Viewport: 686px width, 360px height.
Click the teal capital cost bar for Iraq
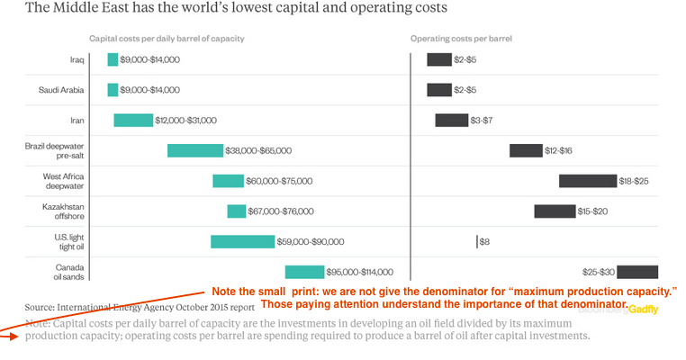pyautogui.click(x=113, y=59)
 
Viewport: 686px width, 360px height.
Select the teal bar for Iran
pyautogui.click(x=133, y=120)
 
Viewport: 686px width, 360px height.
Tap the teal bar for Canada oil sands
pyautogui.click(x=304, y=272)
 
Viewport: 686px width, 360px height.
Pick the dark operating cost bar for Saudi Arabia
pyautogui.click(x=439, y=90)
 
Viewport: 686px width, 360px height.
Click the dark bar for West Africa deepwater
pyautogui.click(x=587, y=181)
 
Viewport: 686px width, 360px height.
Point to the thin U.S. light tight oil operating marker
pyautogui.click(x=477, y=241)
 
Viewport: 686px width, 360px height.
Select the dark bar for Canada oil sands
pyautogui.click(x=637, y=272)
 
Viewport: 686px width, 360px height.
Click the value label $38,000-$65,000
pyautogui.click(x=258, y=150)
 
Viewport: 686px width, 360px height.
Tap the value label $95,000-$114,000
pyautogui.click(x=360, y=272)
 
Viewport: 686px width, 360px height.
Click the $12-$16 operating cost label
pyautogui.click(x=558, y=150)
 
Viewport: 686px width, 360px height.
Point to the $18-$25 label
pyautogui.click(x=634, y=181)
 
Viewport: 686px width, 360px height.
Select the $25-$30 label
pyautogui.click(x=598, y=272)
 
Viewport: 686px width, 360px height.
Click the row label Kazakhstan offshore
pyautogui.click(x=60, y=211)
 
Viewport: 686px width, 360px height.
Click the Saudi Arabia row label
pyautogui.click(x=61, y=90)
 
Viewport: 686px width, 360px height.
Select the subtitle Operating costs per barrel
pyautogui.click(x=461, y=39)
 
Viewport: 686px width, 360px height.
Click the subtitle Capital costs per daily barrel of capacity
pyautogui.click(x=167, y=39)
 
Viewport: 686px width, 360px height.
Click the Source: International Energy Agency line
pyautogui.click(x=140, y=306)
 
